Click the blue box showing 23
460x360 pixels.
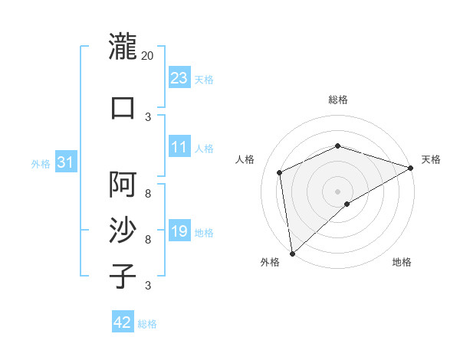pyautogui.click(x=179, y=78)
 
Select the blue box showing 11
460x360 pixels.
pyautogui.click(x=179, y=147)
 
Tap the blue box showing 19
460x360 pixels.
pyautogui.click(x=179, y=231)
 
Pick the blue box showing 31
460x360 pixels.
pyautogui.click(x=66, y=162)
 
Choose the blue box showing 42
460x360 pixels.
pyautogui.click(x=123, y=322)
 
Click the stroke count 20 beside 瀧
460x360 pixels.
pyautogui.click(x=148, y=56)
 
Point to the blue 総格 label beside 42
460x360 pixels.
pyautogui.click(x=147, y=324)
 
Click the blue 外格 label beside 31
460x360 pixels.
pyautogui.click(x=41, y=163)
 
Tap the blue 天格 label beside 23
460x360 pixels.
pyautogui.click(x=204, y=80)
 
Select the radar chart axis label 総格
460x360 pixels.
pyautogui.click(x=338, y=100)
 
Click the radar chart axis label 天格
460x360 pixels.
pyautogui.click(x=431, y=159)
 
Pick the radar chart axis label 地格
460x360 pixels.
pyautogui.click(x=402, y=263)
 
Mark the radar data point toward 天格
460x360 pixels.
pyautogui.click(x=411, y=169)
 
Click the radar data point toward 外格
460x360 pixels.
pyautogui.click(x=291, y=254)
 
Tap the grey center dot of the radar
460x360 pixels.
pyautogui.click(x=338, y=191)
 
